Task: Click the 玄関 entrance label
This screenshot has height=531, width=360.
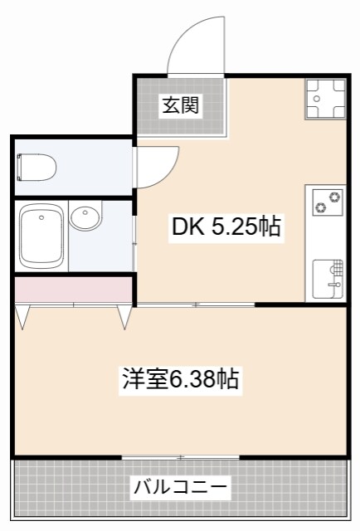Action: click(179, 105)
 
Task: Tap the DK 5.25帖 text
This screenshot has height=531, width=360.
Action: click(225, 226)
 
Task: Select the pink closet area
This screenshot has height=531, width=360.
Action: click(74, 291)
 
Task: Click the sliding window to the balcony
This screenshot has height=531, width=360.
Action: click(180, 456)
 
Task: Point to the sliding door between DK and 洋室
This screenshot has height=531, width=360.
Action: click(196, 305)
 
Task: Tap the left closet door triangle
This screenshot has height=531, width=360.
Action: click(22, 316)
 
